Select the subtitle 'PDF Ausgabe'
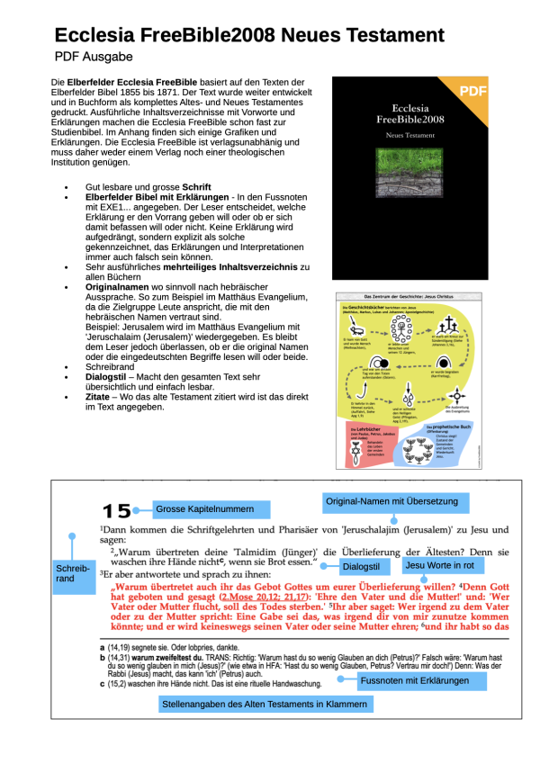click(94, 57)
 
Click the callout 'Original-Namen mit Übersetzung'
click(391, 501)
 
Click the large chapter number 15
click(117, 511)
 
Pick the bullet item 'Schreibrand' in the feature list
click(113, 368)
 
